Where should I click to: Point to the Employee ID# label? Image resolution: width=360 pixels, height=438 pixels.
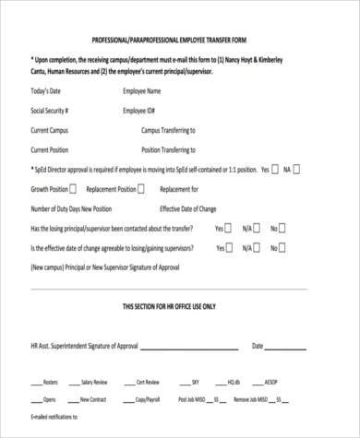pyautogui.click(x=139, y=111)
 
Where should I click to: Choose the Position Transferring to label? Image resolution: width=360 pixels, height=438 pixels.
pyautogui.click(x=168, y=149)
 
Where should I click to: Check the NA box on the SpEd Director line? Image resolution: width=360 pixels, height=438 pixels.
pyautogui.click(x=297, y=170)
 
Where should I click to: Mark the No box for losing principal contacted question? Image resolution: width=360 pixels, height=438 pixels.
pyautogui.click(x=283, y=228)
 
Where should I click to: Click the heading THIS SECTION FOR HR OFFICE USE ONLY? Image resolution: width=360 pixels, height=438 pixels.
pyautogui.click(x=180, y=305)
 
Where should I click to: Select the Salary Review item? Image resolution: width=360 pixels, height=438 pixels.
pyautogui.click(x=93, y=381)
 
